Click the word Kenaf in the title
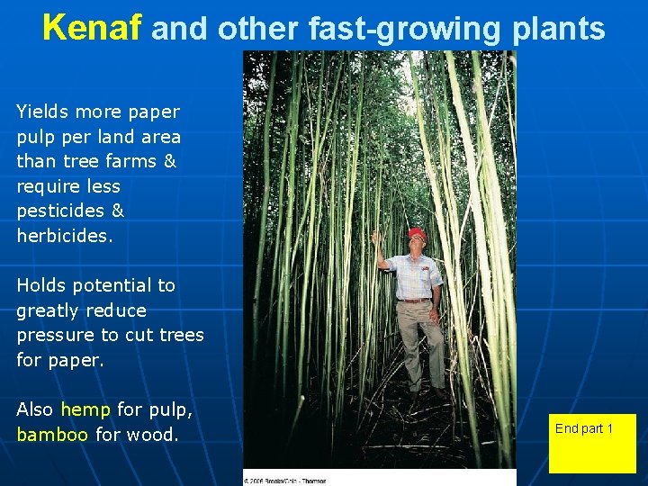[92, 29]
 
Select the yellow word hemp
[85, 409]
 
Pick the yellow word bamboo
[52, 435]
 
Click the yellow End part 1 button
[592, 443]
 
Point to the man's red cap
[417, 234]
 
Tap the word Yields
[42, 112]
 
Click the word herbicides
[63, 236]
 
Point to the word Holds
[40, 285]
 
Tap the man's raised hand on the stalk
[376, 238]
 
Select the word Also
[35, 409]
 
